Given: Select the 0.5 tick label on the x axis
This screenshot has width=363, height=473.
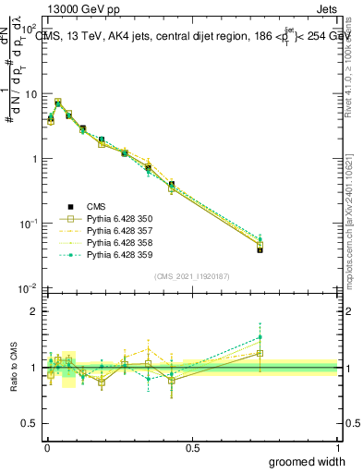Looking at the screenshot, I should (x=192, y=448).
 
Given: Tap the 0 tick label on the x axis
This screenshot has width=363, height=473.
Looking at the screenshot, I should (x=46, y=448).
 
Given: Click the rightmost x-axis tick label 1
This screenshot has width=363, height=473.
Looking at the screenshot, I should (x=337, y=448).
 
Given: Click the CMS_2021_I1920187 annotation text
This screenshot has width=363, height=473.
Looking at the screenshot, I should (x=191, y=276).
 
